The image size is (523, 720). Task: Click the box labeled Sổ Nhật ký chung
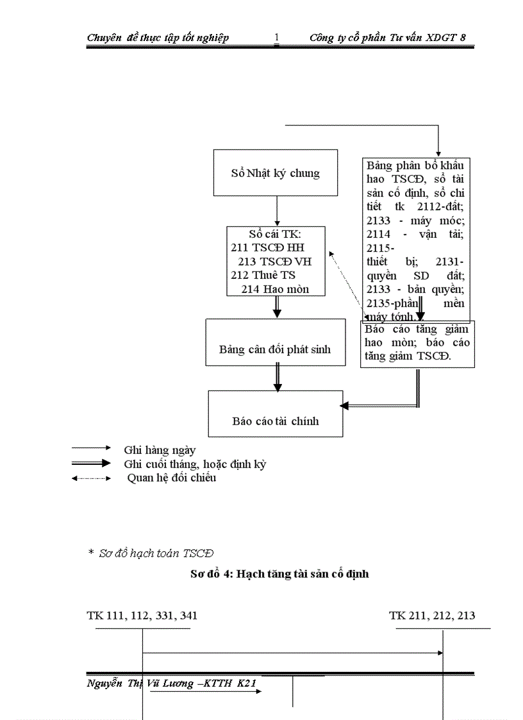pyautogui.click(x=275, y=173)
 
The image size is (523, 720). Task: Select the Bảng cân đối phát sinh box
pyautogui.click(x=275, y=349)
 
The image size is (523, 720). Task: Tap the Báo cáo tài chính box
pyautogui.click(x=275, y=421)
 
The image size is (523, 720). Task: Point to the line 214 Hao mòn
pyautogui.click(x=275, y=289)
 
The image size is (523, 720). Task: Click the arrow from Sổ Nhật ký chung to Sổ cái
pyautogui.click(x=277, y=210)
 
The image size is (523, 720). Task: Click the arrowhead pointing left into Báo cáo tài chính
pyautogui.click(x=345, y=406)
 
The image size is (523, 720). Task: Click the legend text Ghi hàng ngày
pyautogui.click(x=160, y=450)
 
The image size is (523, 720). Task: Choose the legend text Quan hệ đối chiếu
pyautogui.click(x=171, y=478)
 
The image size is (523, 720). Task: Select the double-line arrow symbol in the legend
pyautogui.click(x=92, y=463)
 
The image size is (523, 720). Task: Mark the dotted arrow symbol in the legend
pyautogui.click(x=92, y=478)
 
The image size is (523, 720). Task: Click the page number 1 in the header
pyautogui.click(x=276, y=38)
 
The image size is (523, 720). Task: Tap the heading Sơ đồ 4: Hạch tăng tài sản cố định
pyautogui.click(x=279, y=574)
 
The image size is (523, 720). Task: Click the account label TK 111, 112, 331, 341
pyautogui.click(x=142, y=615)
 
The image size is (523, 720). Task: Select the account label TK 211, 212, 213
pyautogui.click(x=432, y=615)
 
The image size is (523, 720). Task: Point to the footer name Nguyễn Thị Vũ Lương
pyautogui.click(x=140, y=684)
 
